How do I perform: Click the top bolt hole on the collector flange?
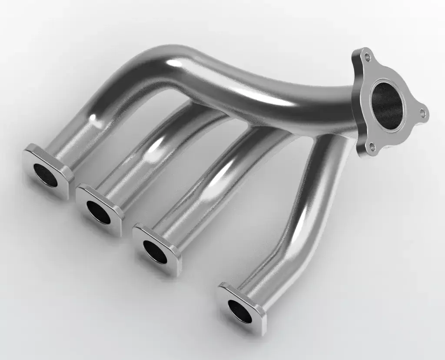368,57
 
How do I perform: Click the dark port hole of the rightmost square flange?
240,311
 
